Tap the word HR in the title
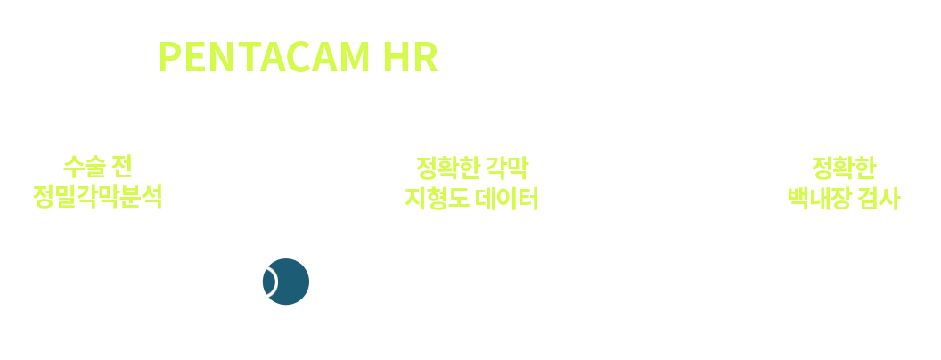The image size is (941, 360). pyautogui.click(x=411, y=57)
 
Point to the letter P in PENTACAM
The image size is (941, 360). pyautogui.click(x=169, y=57)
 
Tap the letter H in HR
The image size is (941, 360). pyautogui.click(x=396, y=57)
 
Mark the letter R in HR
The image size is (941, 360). pyautogui.click(x=426, y=57)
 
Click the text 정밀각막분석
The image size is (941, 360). pyautogui.click(x=97, y=197)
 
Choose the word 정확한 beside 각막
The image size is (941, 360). pyautogui.click(x=447, y=168)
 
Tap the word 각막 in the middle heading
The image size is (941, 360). pyautogui.click(x=507, y=168)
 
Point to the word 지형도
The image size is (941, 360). pyautogui.click(x=437, y=199)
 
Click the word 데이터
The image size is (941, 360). pyautogui.click(x=507, y=199)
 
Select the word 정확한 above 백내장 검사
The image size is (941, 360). pyautogui.click(x=843, y=168)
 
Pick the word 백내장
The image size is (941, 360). pyautogui.click(x=819, y=199)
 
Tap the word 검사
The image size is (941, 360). pyautogui.click(x=880, y=199)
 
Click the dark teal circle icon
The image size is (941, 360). pyautogui.click(x=286, y=282)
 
